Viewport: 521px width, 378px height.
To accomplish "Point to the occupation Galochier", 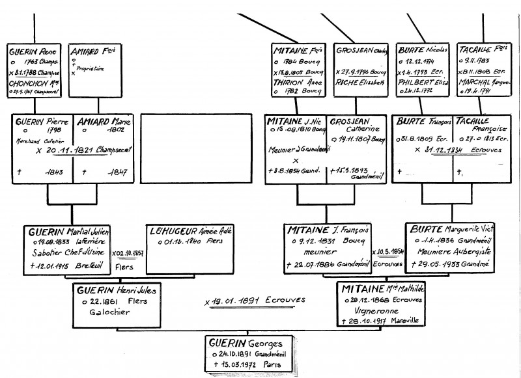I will click(111, 312).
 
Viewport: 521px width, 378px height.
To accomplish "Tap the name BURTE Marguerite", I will click(451, 230).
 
